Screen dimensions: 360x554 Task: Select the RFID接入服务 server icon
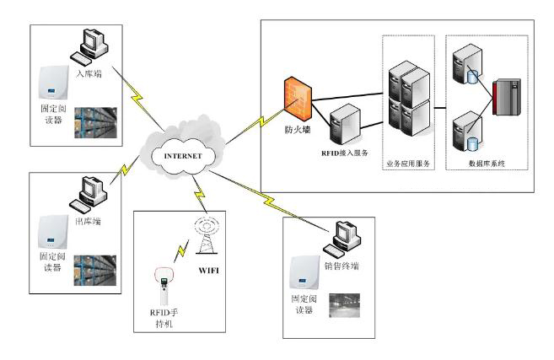[x=345, y=125]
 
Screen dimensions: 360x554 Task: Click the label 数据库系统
[x=486, y=163]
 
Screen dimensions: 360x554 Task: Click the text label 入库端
[x=89, y=73]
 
